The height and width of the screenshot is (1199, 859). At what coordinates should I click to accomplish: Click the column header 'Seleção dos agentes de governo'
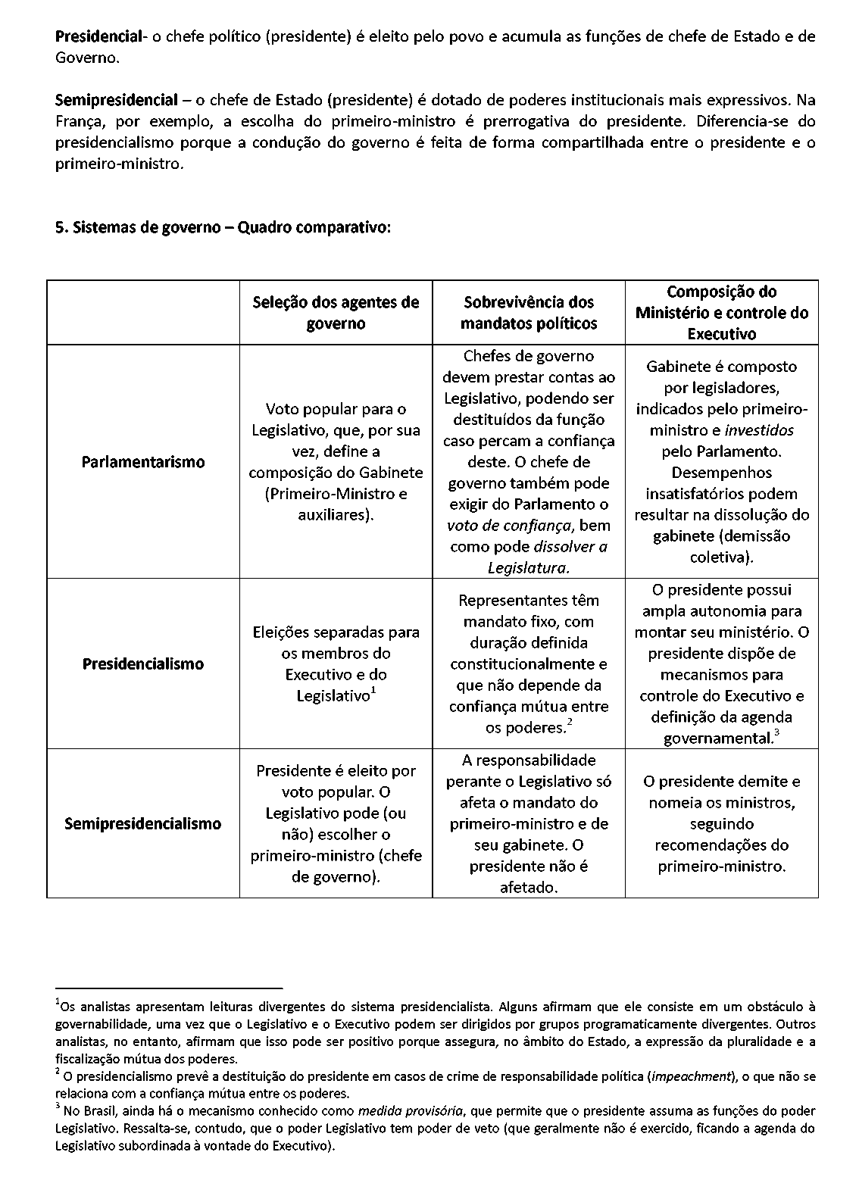336,313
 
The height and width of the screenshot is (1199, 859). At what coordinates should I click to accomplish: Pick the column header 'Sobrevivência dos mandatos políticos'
529,313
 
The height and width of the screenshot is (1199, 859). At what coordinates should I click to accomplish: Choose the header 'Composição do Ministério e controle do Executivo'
722,313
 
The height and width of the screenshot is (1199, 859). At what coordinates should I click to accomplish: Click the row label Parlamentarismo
143,462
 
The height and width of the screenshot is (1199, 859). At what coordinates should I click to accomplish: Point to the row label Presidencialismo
143,664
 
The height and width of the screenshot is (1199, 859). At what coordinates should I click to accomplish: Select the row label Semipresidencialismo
143,824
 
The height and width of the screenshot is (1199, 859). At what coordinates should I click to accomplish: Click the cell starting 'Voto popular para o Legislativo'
336,462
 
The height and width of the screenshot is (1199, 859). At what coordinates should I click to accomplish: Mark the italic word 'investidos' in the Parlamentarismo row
759,430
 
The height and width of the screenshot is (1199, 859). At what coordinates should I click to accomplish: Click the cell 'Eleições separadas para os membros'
336,664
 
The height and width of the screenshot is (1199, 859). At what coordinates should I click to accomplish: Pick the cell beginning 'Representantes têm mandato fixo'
529,664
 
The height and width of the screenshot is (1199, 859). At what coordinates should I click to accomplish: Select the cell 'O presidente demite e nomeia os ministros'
722,823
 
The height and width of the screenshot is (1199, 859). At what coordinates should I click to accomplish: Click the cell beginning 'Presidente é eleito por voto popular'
336,823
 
